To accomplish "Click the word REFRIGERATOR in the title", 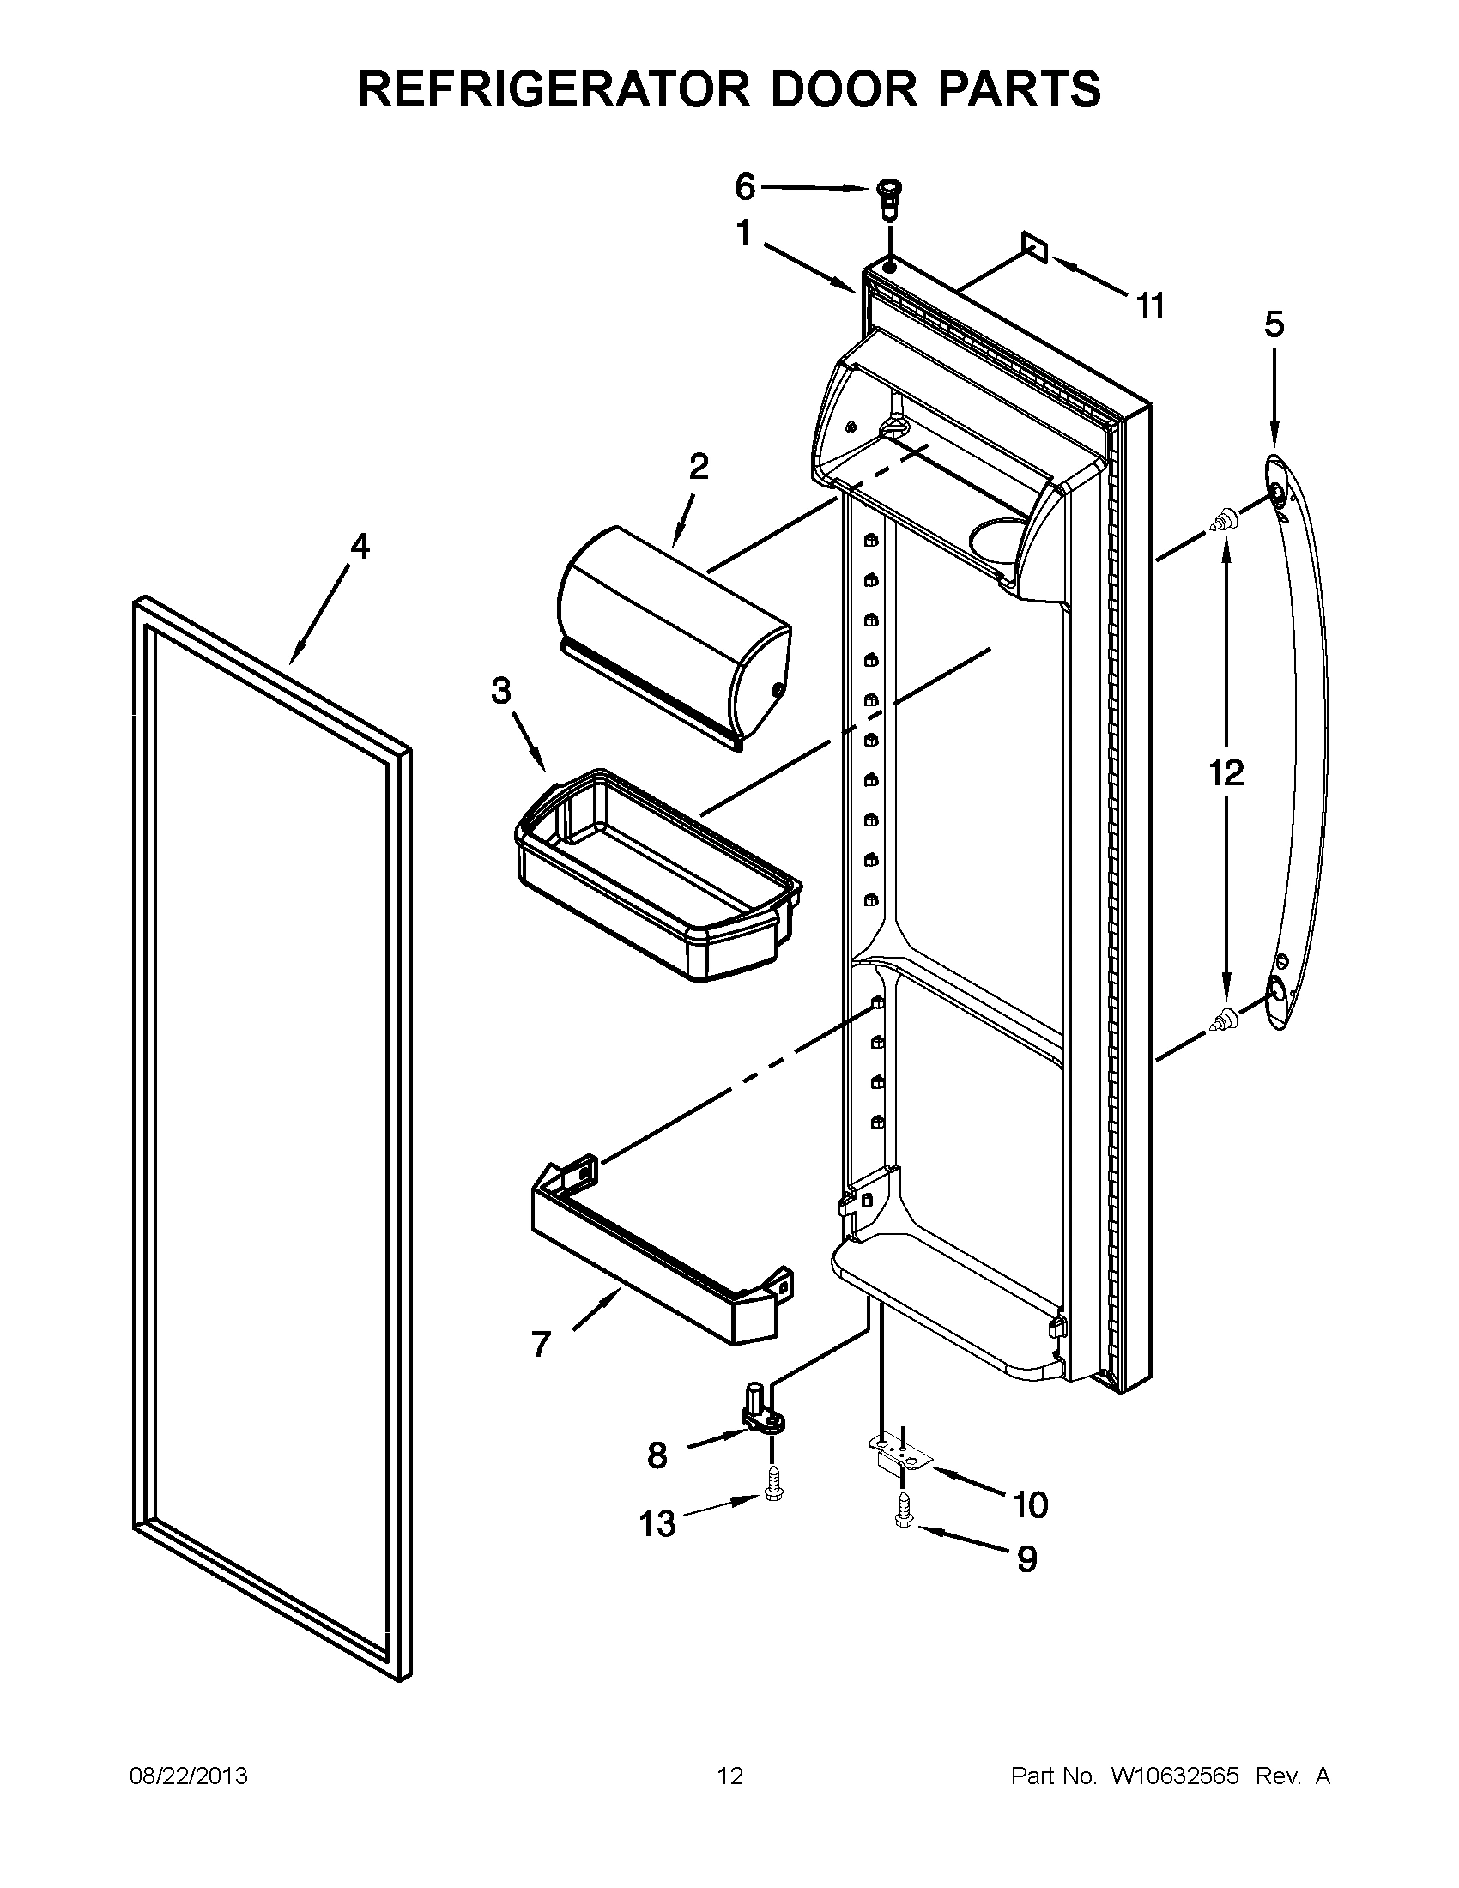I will click(x=553, y=89).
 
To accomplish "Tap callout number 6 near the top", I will click(x=744, y=186).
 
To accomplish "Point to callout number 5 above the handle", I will click(x=1274, y=325).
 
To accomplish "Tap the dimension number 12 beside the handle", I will click(x=1226, y=772).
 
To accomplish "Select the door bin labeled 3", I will click(x=657, y=873).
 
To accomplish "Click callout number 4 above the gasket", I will click(x=360, y=547).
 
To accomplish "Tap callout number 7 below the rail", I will click(x=541, y=1344).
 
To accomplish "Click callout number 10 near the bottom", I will click(x=1029, y=1505).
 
